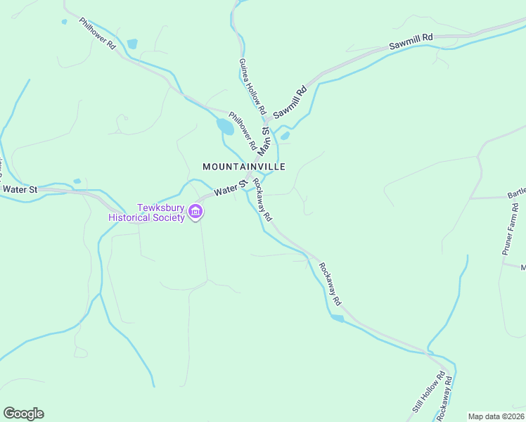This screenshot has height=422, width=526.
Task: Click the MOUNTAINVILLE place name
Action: pos(244,167)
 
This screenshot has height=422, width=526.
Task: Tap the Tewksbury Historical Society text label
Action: pos(146,213)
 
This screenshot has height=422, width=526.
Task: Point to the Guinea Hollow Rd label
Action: pos(252,87)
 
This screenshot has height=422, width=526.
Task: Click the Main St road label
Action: pos(265,141)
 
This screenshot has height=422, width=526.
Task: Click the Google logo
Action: pos(23,414)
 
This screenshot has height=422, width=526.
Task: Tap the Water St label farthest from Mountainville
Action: pos(19,189)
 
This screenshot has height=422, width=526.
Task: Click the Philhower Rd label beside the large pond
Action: pos(243,130)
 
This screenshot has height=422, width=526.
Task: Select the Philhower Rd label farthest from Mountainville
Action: pos(97,33)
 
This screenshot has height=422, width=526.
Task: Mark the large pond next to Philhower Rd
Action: pos(225,127)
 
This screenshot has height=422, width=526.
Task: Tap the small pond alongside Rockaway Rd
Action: pos(338,319)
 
